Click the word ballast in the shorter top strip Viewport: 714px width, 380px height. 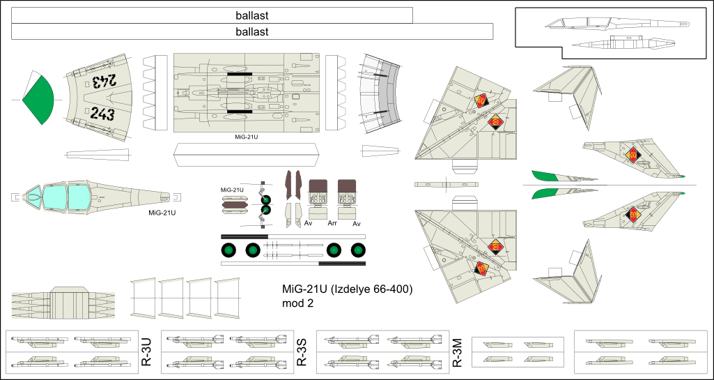pyautogui.click(x=252, y=15)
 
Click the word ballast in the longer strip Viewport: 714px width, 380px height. pyautogui.click(x=252, y=31)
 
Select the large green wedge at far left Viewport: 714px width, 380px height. pyautogui.click(x=39, y=98)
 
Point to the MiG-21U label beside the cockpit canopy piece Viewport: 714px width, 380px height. pyautogui.click(x=161, y=213)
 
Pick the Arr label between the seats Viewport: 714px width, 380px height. pyautogui.click(x=332, y=224)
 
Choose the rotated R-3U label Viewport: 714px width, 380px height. pyautogui.click(x=146, y=352)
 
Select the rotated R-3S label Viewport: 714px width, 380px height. pyautogui.click(x=302, y=352)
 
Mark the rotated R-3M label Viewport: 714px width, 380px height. pyautogui.click(x=458, y=352)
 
